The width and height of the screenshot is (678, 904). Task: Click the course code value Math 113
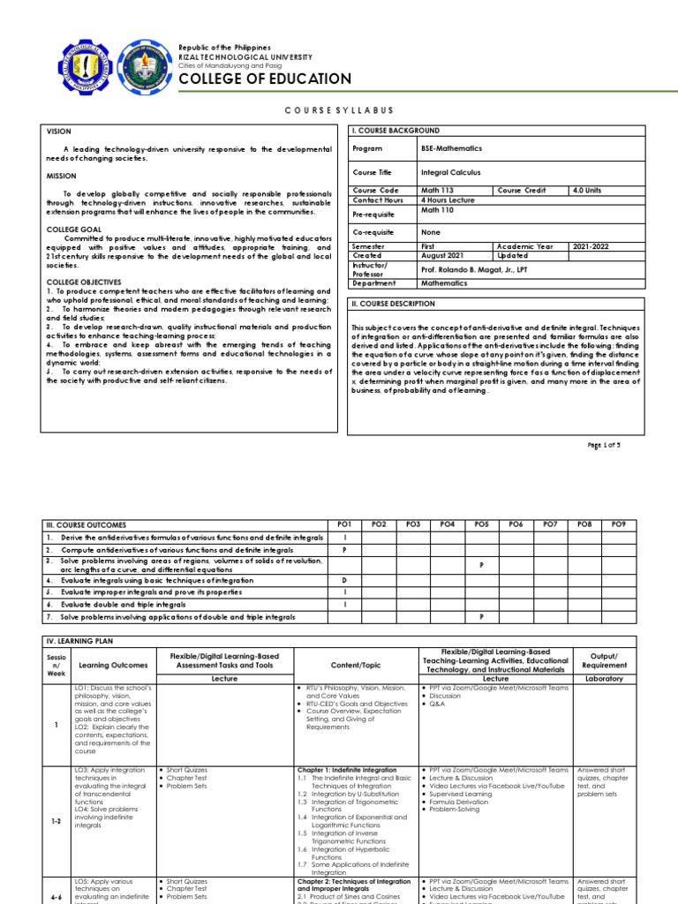coord(437,191)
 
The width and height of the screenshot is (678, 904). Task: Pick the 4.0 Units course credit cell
coord(591,191)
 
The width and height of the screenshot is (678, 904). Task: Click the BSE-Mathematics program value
coord(452,149)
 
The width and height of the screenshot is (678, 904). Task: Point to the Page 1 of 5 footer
coord(605,445)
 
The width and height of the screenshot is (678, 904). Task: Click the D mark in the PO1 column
coord(344,580)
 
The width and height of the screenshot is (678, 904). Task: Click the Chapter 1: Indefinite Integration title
coord(347,770)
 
